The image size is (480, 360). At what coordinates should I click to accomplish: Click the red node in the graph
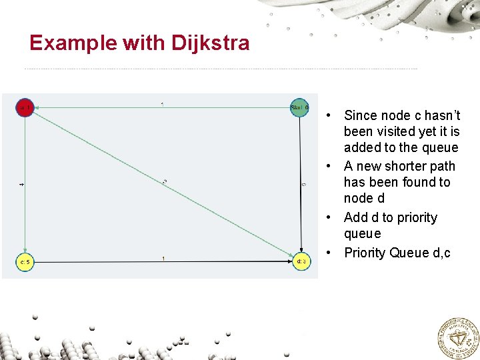[x=25, y=107]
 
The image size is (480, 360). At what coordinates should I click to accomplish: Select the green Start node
[x=299, y=107]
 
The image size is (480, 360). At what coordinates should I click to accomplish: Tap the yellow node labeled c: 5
[x=25, y=262]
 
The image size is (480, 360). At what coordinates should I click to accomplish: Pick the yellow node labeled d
[x=301, y=261]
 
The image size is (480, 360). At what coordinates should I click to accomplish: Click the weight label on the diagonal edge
[x=164, y=181]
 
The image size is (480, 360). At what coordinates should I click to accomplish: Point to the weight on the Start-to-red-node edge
[x=163, y=104]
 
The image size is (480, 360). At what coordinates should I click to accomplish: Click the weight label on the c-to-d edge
[x=163, y=258]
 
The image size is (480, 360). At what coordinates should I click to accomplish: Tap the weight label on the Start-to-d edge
[x=304, y=184]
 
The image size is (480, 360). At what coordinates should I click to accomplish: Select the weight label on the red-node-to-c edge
[x=21, y=184]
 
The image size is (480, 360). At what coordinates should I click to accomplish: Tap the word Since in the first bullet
[x=361, y=115]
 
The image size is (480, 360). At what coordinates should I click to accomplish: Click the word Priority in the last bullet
[x=365, y=253]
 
